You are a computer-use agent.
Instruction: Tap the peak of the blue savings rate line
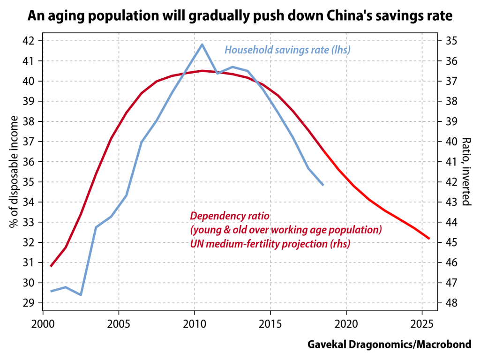point(202,44)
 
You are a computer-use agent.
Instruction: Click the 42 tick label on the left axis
point(28,41)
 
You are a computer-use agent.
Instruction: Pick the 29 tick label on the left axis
point(28,303)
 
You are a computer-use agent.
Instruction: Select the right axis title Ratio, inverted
point(466,172)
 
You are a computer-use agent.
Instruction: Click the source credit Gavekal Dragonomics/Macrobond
point(389,345)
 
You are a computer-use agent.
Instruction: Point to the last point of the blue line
point(323,185)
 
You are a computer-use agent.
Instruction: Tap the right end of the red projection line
point(429,239)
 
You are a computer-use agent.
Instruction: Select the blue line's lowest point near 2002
point(81,295)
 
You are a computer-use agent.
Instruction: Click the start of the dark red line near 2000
point(51,266)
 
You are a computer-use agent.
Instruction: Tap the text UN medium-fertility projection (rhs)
point(270,244)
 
